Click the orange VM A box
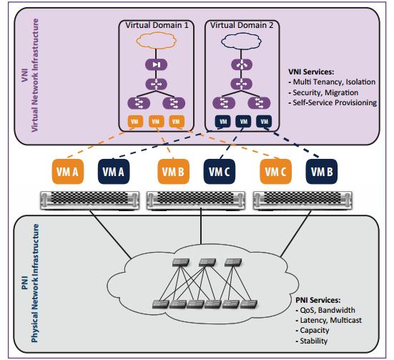[68, 172]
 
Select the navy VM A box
[114, 172]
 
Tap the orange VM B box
[173, 172]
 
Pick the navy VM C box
[220, 172]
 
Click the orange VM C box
[275, 172]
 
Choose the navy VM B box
[322, 172]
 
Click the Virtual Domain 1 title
[157, 26]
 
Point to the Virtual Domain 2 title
[242, 26]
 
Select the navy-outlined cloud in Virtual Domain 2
[241, 41]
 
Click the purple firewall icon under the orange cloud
[157, 64]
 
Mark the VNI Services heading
[311, 72]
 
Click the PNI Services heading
[318, 300]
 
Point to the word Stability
[314, 341]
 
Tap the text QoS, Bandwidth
[327, 310]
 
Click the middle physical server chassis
[196, 200]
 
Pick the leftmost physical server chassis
[89, 200]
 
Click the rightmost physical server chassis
[302, 200]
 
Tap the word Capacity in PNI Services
[315, 331]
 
